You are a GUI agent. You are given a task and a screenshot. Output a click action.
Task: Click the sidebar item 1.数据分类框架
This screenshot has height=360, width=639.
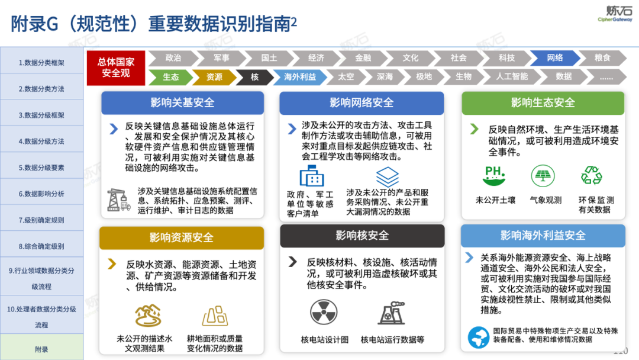(x=41, y=62)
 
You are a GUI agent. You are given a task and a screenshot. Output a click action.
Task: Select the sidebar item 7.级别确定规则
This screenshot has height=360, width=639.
(x=41, y=220)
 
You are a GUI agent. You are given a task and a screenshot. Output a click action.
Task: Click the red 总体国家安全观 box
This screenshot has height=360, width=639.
(x=115, y=67)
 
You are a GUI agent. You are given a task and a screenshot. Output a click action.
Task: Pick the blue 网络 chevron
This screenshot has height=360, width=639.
(x=554, y=58)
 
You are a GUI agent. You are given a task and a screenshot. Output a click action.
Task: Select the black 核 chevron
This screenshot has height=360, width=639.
(x=254, y=77)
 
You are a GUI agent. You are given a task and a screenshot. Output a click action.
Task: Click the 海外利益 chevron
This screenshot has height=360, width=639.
(x=300, y=77)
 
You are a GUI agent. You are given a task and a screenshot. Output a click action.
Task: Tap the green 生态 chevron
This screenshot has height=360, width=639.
(x=171, y=77)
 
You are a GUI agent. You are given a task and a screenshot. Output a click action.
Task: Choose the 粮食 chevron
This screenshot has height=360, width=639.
(x=602, y=58)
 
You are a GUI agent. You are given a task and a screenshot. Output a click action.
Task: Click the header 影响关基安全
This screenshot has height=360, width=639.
(x=182, y=102)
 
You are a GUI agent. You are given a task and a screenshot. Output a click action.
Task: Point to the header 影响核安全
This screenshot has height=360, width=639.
(x=362, y=236)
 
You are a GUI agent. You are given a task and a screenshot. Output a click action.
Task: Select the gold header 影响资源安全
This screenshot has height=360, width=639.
(x=182, y=238)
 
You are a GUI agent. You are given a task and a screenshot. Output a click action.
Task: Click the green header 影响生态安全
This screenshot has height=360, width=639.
(x=543, y=102)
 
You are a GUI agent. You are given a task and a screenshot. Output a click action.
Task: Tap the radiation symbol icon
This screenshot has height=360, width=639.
(x=324, y=313)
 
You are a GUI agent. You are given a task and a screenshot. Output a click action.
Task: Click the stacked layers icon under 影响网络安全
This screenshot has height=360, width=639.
(x=388, y=176)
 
